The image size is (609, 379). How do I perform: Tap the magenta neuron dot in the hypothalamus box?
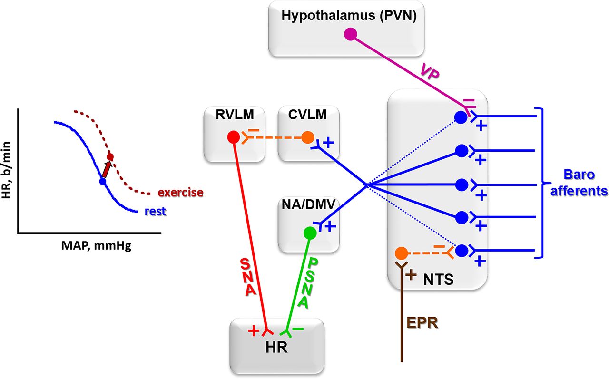pos(350,34)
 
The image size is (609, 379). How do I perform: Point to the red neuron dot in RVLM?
pos(234,137)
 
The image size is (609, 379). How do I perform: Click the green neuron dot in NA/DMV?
pos(310,233)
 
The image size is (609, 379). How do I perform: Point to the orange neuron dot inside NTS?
pos(401,253)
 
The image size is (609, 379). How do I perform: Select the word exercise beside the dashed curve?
pos(180,193)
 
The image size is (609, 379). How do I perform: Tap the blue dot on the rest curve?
pos(102,181)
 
